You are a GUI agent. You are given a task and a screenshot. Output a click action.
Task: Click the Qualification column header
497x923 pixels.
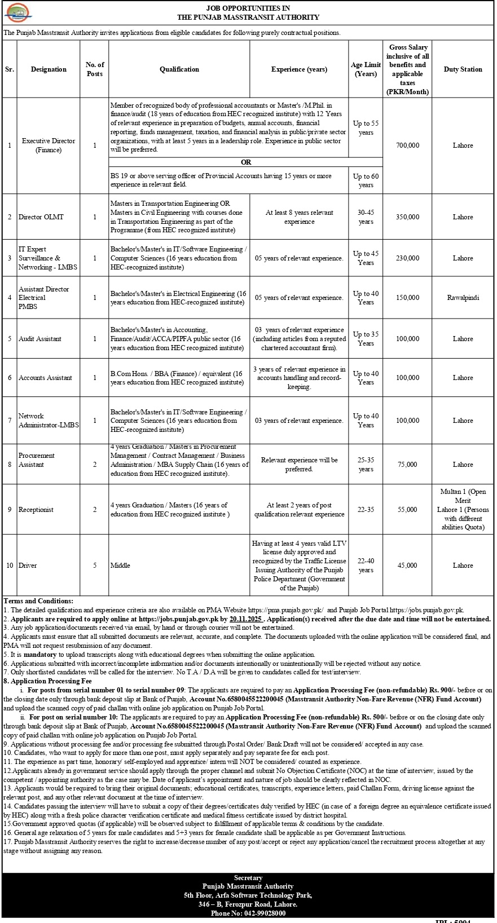point(179,69)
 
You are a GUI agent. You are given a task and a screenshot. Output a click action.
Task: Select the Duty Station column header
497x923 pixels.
point(463,69)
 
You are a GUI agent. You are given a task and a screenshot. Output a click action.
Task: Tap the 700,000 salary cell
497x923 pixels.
point(407,145)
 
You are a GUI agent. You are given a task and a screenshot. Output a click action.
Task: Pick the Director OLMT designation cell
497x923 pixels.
point(41,217)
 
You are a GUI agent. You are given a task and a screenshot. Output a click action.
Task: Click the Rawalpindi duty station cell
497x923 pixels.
point(463,298)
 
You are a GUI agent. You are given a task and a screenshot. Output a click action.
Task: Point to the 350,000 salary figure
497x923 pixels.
point(407,217)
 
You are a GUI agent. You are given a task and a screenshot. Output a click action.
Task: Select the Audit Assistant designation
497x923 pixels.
point(40,339)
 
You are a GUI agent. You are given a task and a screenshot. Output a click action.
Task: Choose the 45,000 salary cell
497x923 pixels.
point(407,566)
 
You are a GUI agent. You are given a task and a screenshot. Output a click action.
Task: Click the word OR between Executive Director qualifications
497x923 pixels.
point(246,162)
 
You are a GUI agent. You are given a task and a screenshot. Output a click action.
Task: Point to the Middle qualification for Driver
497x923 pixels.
point(120,566)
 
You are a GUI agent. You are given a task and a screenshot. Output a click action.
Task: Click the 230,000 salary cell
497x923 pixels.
point(407,258)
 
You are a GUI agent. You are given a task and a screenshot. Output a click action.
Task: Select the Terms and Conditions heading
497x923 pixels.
point(38,601)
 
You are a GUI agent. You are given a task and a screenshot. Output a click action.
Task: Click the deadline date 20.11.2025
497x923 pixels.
point(246,619)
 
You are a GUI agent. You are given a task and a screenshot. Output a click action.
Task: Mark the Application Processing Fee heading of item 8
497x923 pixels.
point(50,681)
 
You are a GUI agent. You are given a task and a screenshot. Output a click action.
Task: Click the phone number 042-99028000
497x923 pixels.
point(263,913)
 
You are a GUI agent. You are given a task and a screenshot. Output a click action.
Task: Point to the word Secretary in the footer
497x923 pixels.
point(248,878)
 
